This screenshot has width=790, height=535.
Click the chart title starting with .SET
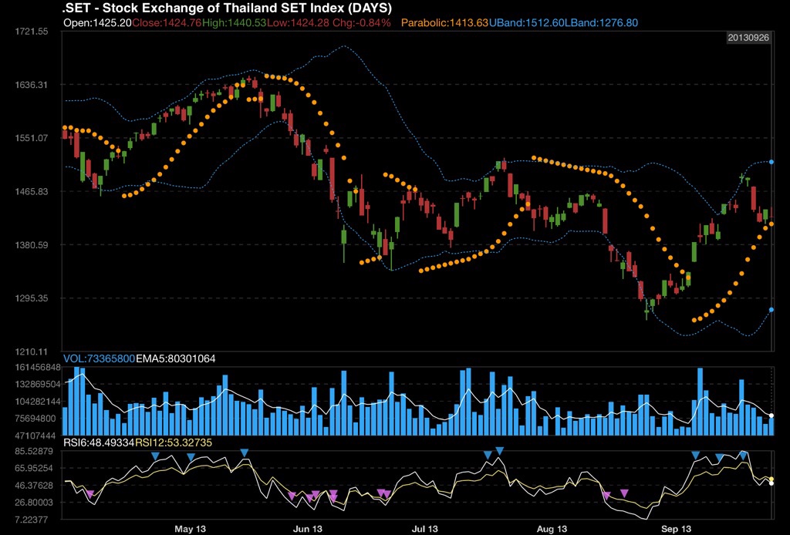227,8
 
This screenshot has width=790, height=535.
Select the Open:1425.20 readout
97,23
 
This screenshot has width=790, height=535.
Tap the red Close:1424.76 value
167,23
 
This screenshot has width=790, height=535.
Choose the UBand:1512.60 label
527,23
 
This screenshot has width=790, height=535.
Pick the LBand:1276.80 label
602,23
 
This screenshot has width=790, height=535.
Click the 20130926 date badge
749,38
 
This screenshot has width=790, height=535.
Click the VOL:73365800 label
99,358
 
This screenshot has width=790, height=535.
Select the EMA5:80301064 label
177,358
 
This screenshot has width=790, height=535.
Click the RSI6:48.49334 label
99,442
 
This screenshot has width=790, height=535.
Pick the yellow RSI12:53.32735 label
174,442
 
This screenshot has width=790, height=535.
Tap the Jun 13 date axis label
307,529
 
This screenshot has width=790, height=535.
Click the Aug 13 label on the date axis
552,529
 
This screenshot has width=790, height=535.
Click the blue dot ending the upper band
771,162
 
